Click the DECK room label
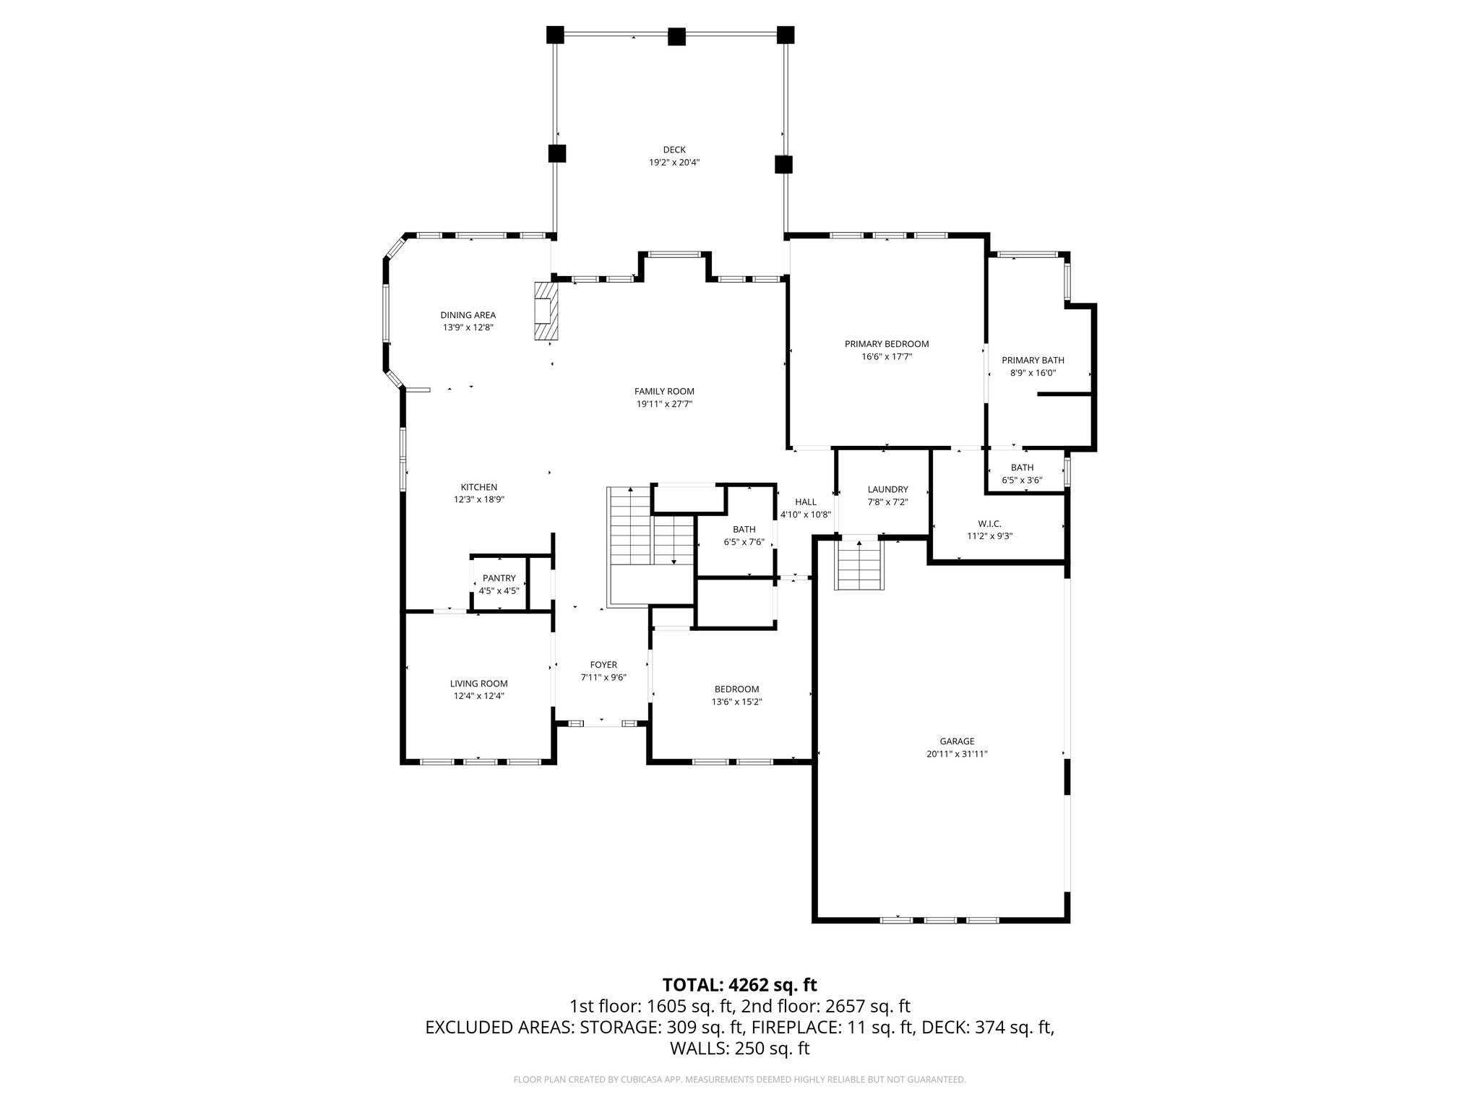(x=674, y=150)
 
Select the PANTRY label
(x=499, y=578)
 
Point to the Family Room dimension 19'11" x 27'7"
(x=664, y=404)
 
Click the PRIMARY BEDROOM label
(x=886, y=344)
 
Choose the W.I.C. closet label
(x=989, y=523)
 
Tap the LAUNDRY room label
(x=887, y=489)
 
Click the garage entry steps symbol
(x=860, y=565)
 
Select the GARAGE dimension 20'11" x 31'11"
(x=957, y=754)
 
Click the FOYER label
(x=603, y=665)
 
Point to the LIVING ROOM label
(x=478, y=684)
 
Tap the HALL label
(x=806, y=502)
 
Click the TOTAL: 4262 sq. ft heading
(x=739, y=984)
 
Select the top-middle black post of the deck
(x=676, y=36)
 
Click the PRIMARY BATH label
(x=1033, y=360)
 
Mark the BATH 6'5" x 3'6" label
(x=1022, y=474)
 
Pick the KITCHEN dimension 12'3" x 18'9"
(x=478, y=499)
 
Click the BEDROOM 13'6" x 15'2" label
(x=736, y=695)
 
